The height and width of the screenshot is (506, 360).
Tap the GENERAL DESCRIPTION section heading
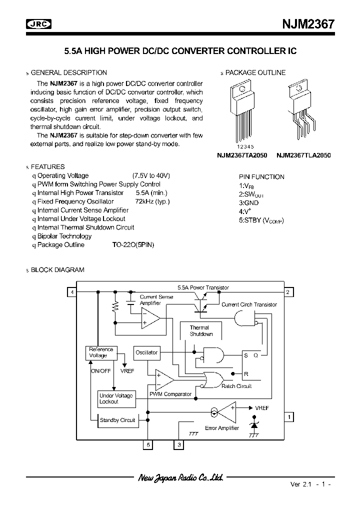coord(69,72)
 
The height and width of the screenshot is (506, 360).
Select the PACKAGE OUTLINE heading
coord(255,72)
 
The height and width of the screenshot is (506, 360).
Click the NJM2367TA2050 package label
coord(243,155)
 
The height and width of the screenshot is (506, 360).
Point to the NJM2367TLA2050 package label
coord(303,155)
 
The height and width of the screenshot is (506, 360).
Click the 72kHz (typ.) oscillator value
coord(152,201)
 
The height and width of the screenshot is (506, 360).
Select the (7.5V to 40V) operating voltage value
coord(151,175)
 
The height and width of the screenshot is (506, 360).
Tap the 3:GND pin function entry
coord(249,203)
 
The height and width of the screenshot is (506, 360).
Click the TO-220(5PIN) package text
coord(133,245)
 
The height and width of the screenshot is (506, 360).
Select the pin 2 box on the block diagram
coord(288,292)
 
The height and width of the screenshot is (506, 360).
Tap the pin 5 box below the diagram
coord(147,444)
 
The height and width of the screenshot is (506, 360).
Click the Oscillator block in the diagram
coord(146,352)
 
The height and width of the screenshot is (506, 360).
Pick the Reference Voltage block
coord(101,352)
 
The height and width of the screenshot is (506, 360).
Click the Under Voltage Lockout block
coord(116,398)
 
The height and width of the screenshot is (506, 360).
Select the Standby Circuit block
coord(117,420)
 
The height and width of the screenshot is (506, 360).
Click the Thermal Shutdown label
coord(201,331)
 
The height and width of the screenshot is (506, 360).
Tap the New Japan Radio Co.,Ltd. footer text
coord(180,478)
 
